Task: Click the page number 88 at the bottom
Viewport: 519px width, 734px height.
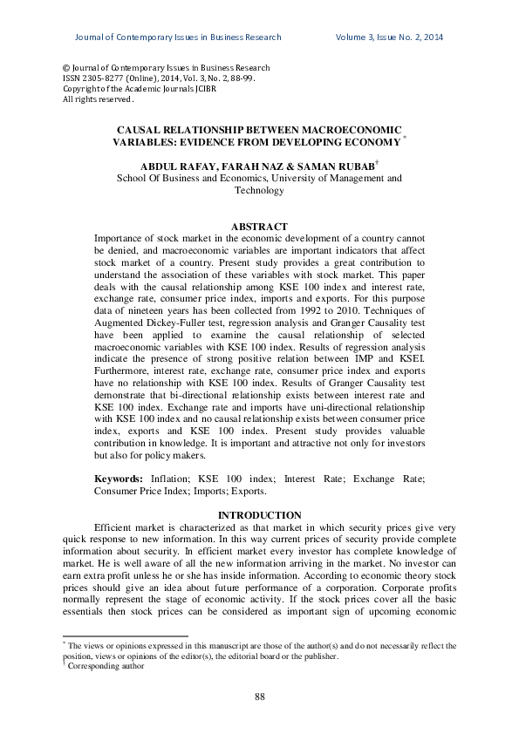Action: pos(259,696)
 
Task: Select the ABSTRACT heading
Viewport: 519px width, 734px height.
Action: pos(259,227)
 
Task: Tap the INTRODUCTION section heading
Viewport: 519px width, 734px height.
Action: pos(259,515)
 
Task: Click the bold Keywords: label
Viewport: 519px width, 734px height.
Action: pos(120,479)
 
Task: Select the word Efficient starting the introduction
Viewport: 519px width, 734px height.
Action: pos(115,528)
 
